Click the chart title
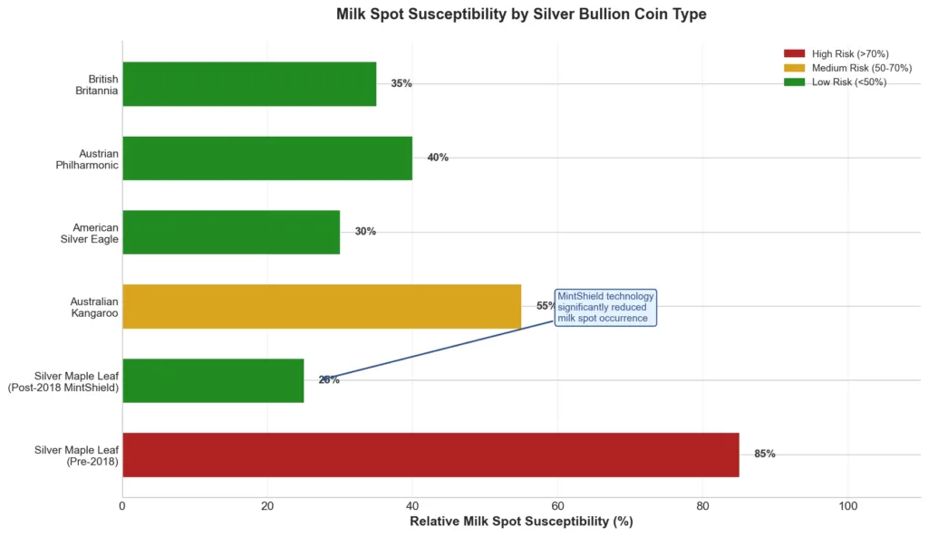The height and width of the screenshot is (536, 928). click(521, 14)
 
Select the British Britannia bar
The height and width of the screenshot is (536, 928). click(249, 84)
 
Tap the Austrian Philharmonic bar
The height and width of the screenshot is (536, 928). click(267, 158)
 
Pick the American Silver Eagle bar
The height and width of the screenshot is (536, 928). click(231, 232)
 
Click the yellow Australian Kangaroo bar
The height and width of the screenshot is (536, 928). click(322, 306)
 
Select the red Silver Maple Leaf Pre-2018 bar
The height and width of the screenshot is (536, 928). click(430, 455)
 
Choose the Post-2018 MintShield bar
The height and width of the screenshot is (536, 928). click(213, 380)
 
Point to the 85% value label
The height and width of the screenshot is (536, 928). click(764, 455)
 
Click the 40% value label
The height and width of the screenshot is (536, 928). click(438, 158)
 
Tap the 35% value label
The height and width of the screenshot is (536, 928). click(401, 83)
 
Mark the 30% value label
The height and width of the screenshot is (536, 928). click(365, 232)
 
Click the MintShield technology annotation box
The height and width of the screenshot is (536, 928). click(605, 307)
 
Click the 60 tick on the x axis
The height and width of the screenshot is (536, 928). click(557, 506)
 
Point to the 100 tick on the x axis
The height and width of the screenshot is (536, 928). click(847, 506)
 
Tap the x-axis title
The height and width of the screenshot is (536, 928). click(521, 522)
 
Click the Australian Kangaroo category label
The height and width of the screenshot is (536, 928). click(94, 307)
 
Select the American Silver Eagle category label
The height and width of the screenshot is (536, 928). click(95, 233)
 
